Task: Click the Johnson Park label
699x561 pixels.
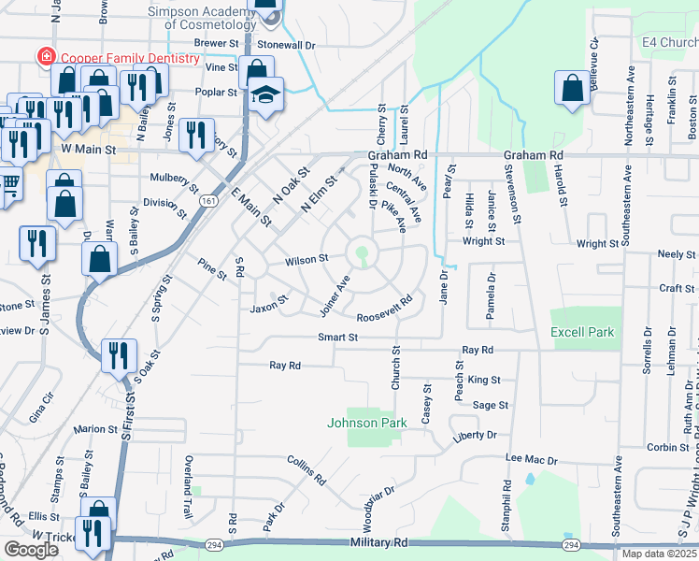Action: (366, 423)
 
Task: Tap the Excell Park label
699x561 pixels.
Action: (581, 332)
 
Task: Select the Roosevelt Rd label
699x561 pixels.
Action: (384, 309)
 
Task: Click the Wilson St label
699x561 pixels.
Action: (307, 259)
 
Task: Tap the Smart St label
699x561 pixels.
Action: (337, 338)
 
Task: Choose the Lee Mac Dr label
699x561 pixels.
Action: (531, 460)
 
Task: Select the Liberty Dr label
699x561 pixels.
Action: (474, 435)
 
